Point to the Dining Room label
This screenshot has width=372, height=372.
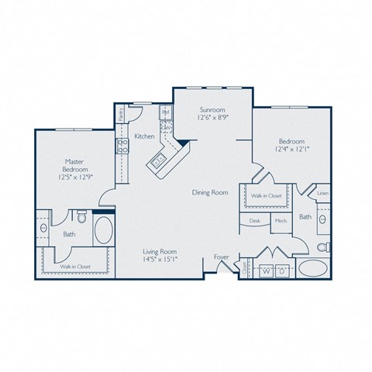(x=209, y=192)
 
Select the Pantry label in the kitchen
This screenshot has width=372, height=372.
(x=122, y=114)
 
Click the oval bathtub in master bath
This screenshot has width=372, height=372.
(x=103, y=230)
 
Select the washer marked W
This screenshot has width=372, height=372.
(x=266, y=272)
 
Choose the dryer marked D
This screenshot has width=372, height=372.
(x=282, y=272)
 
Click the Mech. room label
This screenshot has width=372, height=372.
(x=280, y=221)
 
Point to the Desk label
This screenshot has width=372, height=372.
(x=254, y=221)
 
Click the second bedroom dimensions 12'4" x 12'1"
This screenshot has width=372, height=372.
(x=292, y=149)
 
